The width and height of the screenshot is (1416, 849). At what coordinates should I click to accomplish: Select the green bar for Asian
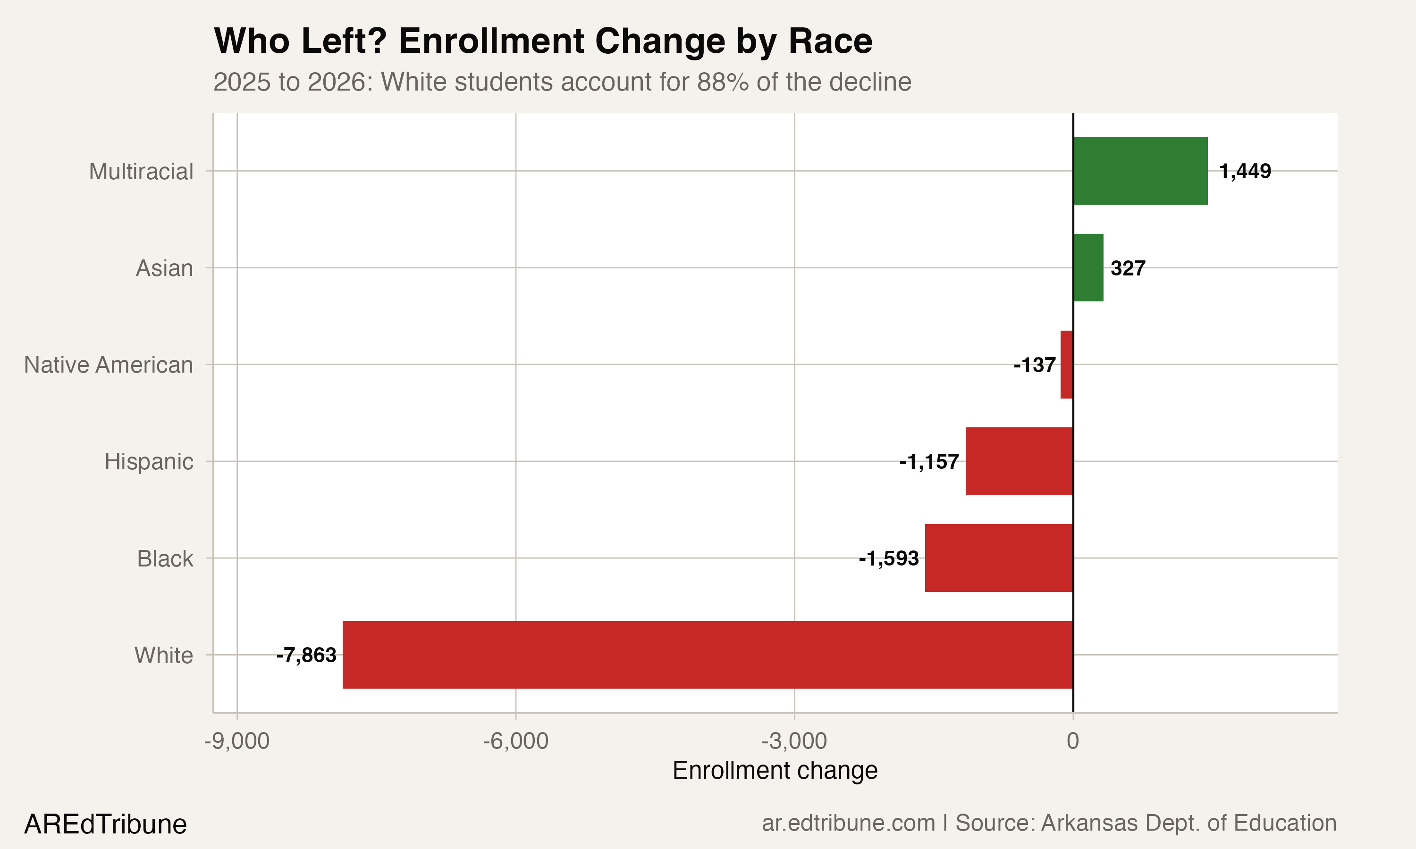(1088, 268)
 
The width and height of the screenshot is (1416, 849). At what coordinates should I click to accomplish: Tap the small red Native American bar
(1067, 365)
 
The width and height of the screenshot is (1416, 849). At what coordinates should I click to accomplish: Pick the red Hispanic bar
(1019, 461)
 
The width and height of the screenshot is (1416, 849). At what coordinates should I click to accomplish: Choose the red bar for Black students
(999, 558)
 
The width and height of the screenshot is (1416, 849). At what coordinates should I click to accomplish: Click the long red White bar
(708, 655)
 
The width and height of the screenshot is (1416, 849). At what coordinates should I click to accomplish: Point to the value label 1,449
(1245, 171)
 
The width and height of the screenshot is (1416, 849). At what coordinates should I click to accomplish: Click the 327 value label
(1128, 268)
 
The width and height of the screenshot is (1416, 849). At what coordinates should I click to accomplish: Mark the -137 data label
(1034, 365)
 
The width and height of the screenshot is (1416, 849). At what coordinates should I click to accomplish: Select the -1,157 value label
(929, 462)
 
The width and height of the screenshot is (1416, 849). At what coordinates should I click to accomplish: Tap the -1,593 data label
(888, 558)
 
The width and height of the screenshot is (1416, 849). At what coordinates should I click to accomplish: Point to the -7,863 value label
(306, 655)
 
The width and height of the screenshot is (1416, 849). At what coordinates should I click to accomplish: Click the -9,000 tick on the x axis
(237, 741)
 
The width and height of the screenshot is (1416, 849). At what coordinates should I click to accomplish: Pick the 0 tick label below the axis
(1072, 741)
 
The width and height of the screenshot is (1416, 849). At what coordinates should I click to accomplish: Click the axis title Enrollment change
(775, 771)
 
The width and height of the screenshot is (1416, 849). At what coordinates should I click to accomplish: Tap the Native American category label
(108, 365)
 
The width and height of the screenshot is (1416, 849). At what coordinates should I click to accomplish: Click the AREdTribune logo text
(105, 824)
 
